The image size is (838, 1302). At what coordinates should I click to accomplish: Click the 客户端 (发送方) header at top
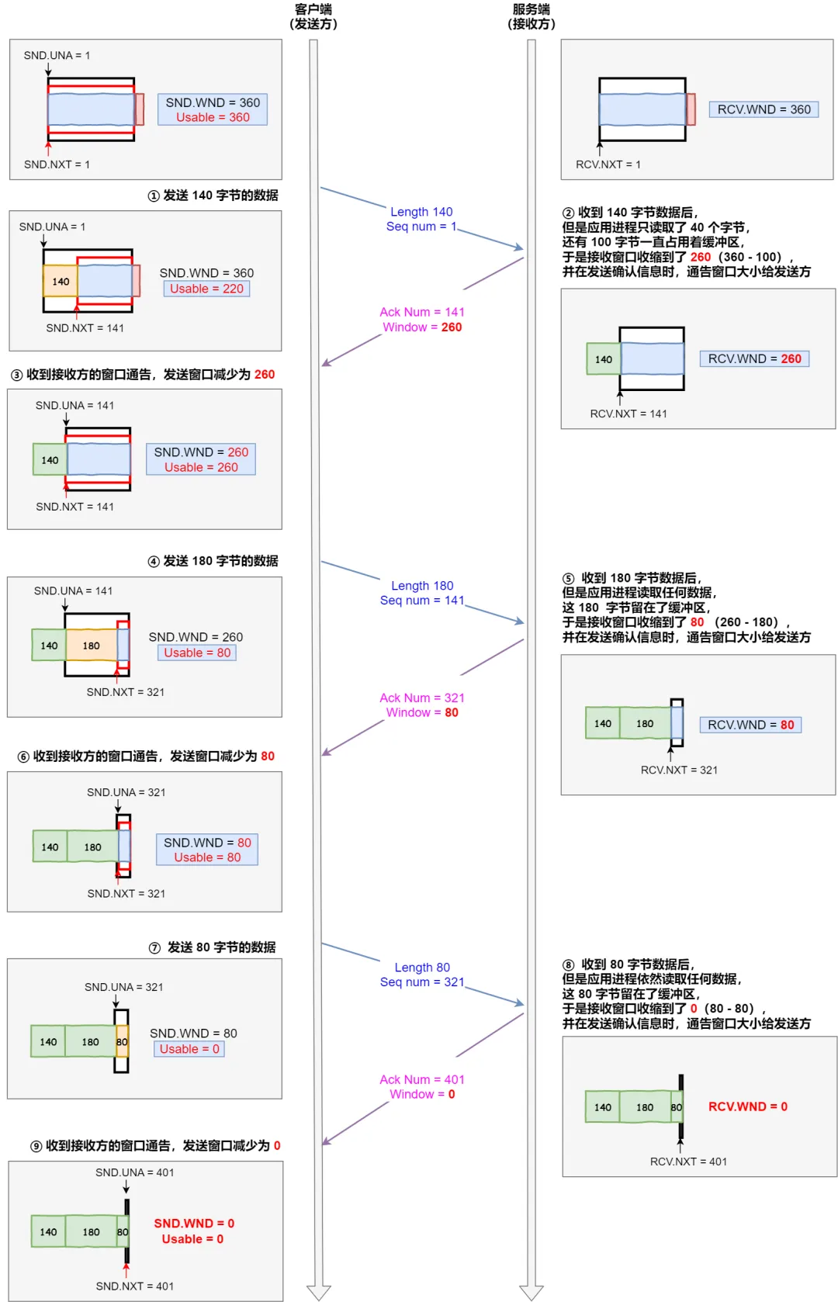[313, 16]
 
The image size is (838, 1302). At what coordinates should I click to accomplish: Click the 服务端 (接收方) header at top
[532, 16]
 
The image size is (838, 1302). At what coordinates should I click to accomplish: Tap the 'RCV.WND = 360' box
[764, 109]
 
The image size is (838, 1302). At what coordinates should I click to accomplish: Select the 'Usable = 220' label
[206, 289]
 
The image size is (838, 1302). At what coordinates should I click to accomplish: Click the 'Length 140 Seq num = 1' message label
[421, 219]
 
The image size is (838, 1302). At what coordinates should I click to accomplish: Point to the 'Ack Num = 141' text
[422, 312]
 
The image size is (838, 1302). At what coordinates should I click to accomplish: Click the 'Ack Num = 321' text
[422, 698]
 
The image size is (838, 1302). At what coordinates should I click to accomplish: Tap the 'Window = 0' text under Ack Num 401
[422, 1094]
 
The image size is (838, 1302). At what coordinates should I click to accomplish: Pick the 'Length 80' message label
[422, 968]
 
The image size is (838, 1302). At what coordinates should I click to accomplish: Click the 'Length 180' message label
[422, 586]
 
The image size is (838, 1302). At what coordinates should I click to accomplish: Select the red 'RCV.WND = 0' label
[747, 1106]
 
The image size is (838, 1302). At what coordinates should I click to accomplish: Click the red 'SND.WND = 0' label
[194, 1223]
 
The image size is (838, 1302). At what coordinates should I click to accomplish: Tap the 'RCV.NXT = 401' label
[688, 1162]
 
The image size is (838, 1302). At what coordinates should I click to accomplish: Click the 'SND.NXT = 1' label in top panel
[57, 164]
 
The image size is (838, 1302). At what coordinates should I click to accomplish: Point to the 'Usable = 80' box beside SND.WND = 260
[197, 653]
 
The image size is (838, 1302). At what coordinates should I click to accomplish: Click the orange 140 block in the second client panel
[61, 281]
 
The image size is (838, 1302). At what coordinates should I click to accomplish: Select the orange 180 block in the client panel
[92, 646]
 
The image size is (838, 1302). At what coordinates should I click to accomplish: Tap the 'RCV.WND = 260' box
[754, 358]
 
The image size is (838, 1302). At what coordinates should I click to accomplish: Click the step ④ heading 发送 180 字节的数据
[213, 561]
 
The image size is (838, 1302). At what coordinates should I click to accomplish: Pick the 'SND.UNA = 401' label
[134, 1172]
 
